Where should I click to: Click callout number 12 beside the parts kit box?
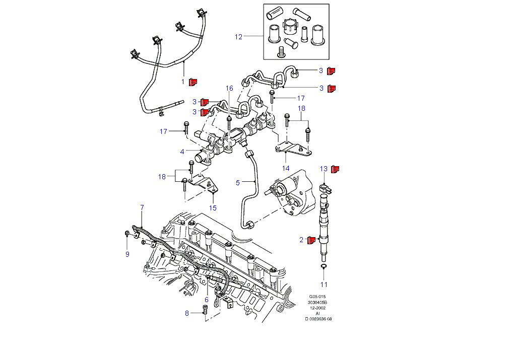point(238,37)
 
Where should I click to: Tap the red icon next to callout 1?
point(192,81)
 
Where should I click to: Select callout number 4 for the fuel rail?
point(183,151)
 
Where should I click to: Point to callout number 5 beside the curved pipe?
point(238,182)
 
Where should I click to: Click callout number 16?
point(229,88)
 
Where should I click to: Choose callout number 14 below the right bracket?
point(286,168)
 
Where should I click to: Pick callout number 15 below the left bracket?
point(213,207)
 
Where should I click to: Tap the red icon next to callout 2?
point(312,240)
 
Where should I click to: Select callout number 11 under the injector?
point(324,284)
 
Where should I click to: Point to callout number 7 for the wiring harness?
point(142,207)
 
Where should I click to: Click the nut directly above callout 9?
point(127,233)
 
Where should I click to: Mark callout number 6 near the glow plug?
point(206,300)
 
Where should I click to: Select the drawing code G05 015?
point(318,297)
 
